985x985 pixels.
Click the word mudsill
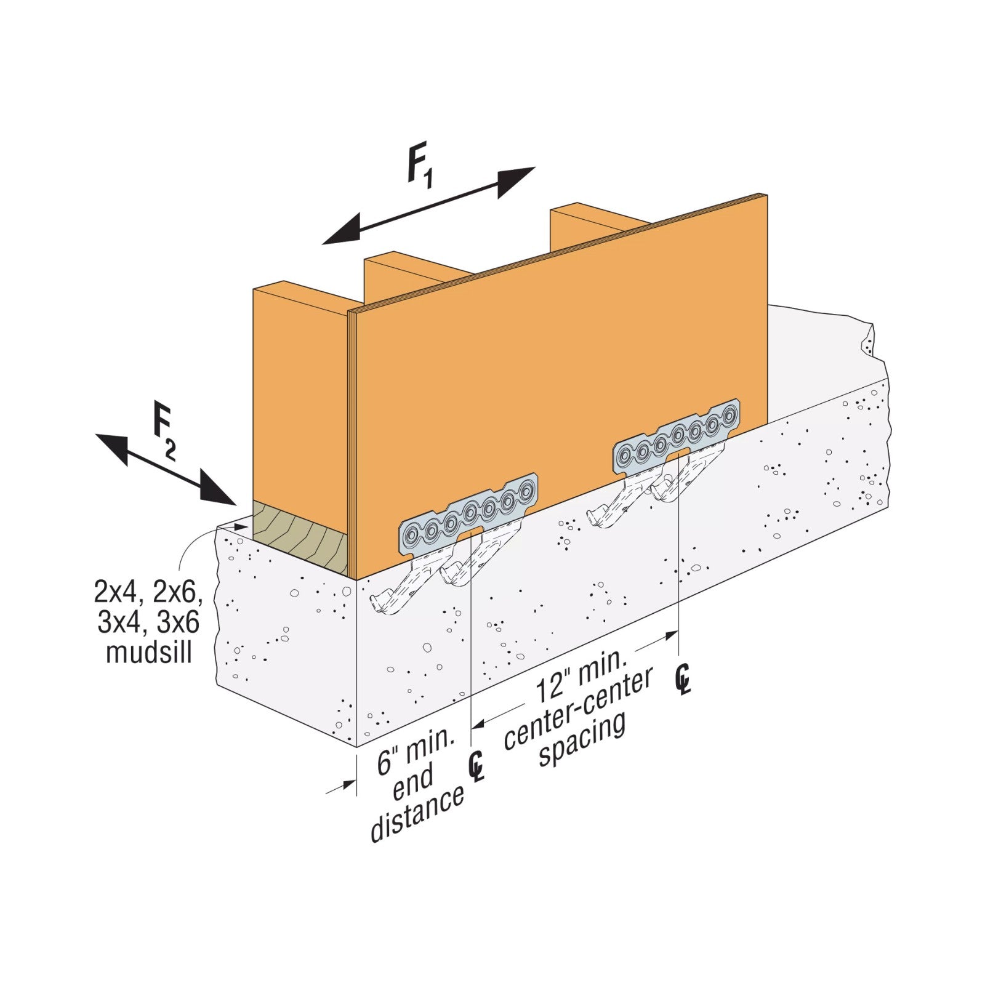pyautogui.click(x=150, y=653)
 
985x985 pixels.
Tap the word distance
pyautogui.click(x=417, y=814)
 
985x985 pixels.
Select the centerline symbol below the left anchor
pyautogui.click(x=476, y=766)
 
